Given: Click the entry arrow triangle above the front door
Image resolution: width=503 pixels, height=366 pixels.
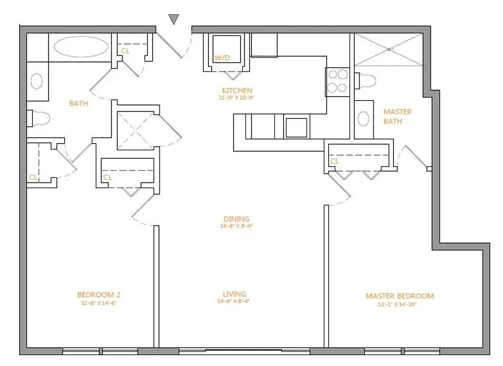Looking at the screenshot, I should click(x=174, y=19).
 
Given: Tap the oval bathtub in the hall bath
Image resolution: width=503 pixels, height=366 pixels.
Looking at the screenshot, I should click(x=82, y=47).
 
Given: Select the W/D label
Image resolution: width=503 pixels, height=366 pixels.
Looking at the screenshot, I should click(x=223, y=58).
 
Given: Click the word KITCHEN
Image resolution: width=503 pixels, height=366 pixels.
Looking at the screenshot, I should click(x=237, y=91).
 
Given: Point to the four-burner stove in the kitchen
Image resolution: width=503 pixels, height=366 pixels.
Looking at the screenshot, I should click(x=337, y=81).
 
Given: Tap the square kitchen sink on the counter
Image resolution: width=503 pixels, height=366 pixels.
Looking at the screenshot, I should click(x=296, y=128).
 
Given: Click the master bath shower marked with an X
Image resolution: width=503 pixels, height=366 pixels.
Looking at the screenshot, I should click(x=388, y=49).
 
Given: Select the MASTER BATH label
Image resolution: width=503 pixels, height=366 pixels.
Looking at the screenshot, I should click(x=397, y=116).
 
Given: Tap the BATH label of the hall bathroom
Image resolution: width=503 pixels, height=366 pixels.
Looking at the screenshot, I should click(x=78, y=103).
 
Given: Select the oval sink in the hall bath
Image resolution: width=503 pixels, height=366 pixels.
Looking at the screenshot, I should click(x=37, y=81).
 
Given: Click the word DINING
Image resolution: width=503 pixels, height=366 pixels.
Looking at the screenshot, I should click(x=236, y=219).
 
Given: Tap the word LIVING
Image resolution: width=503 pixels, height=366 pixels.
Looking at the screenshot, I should click(x=235, y=294).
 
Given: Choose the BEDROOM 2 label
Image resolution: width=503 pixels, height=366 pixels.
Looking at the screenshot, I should click(x=98, y=295).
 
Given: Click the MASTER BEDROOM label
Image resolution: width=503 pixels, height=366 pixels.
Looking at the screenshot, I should click(x=399, y=296).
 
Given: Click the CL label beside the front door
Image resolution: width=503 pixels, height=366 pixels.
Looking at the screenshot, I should click(x=125, y=51).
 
